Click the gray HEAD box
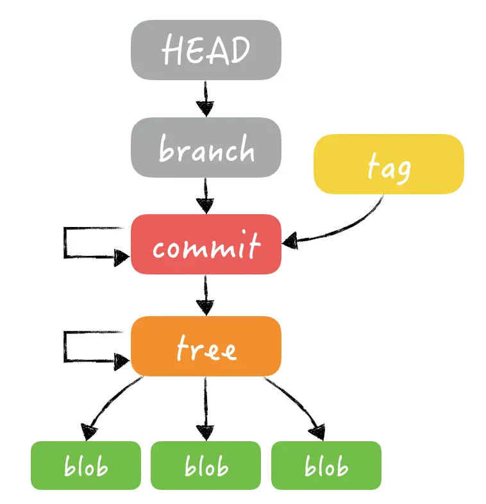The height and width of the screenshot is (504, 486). pos(206,49)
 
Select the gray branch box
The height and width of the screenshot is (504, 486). pos(206,147)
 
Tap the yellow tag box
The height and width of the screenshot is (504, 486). pos(388,164)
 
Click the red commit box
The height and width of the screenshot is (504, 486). pos(206,244)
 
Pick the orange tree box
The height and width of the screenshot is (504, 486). pos(206,346)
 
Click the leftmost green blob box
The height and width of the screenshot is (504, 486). pos(85,465)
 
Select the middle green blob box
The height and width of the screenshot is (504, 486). pos(206,465)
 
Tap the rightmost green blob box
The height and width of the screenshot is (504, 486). pos(326,465)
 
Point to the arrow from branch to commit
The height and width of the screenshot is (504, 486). pos(205,196)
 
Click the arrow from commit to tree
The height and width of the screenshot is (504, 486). pos(205,295)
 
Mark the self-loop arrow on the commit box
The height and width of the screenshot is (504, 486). pos(65,243)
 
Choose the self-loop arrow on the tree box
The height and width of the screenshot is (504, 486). pos(65,346)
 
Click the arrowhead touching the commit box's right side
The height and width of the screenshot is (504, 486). pos(290,240)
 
